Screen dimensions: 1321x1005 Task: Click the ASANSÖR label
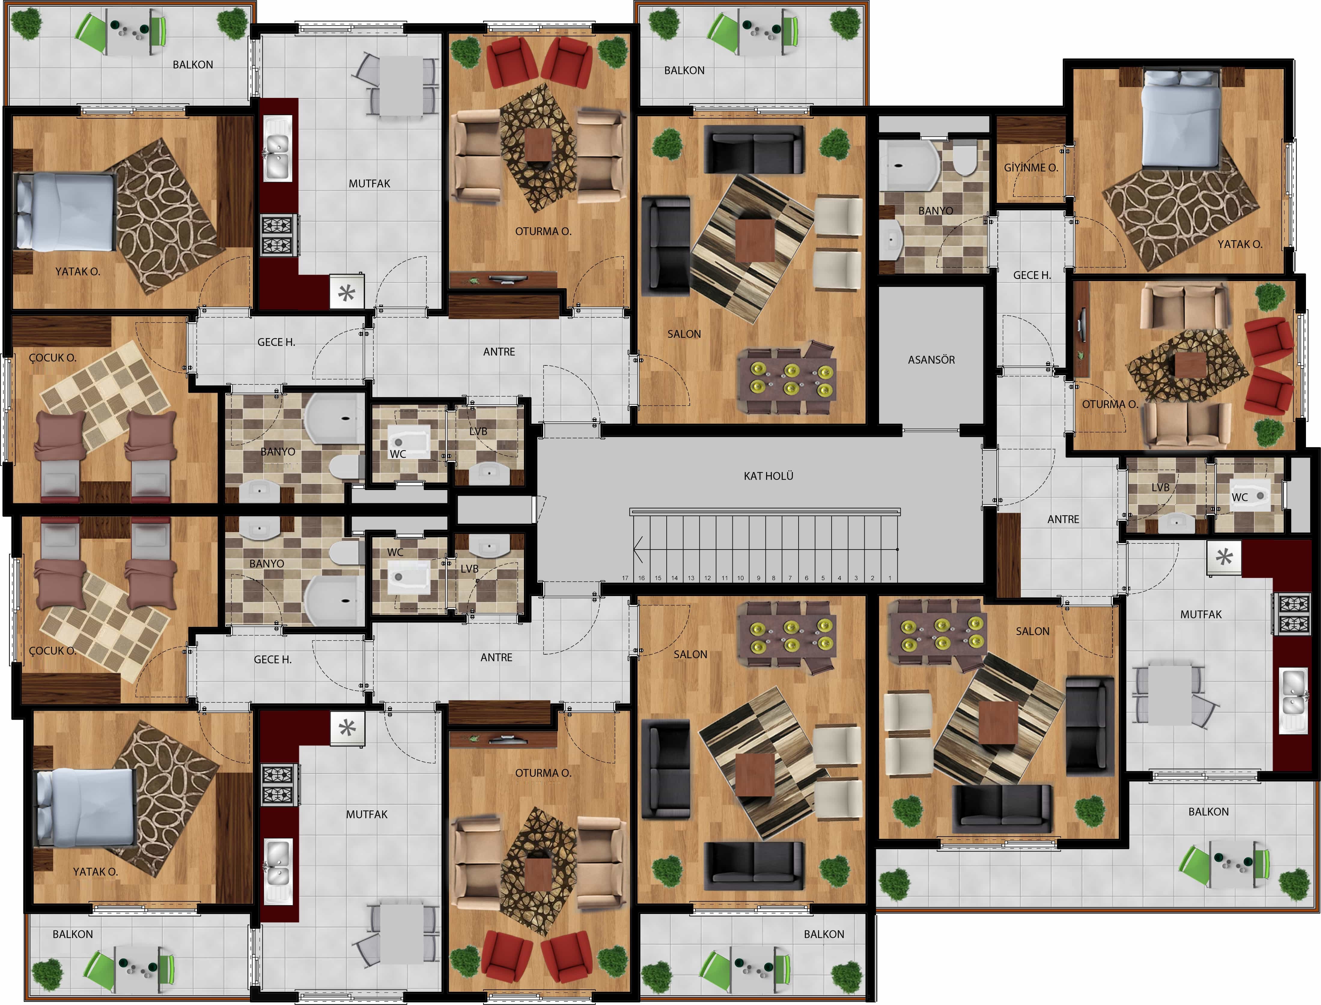(931, 359)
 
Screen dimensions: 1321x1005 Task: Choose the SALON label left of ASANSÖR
(684, 334)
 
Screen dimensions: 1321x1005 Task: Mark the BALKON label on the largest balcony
(1208, 812)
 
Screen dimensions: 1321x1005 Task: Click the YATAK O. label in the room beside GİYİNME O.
(1240, 244)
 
